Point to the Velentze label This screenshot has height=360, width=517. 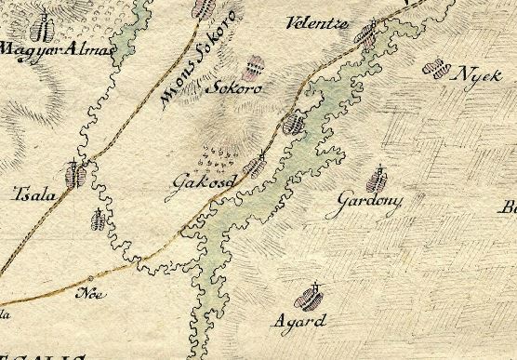(317, 22)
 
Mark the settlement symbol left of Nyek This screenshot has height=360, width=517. (432, 68)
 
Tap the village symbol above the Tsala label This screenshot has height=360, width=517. (73, 173)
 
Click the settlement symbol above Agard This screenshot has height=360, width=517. (308, 298)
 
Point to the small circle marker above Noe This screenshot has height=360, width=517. (90, 279)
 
